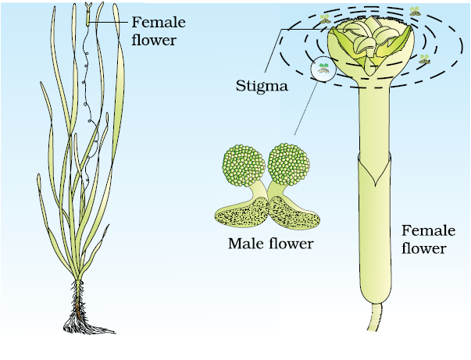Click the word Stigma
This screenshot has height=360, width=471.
click(262, 87)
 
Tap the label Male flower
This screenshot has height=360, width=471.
click(270, 244)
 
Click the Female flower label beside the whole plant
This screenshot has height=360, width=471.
click(159, 31)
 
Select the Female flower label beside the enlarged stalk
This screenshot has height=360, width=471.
click(428, 240)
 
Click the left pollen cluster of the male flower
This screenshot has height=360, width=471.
click(244, 166)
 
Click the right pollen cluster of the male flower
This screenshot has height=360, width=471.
click(288, 164)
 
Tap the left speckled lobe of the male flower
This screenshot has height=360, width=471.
click(242, 212)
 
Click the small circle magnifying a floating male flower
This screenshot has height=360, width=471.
click(323, 69)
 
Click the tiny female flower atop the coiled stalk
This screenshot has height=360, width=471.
click(87, 14)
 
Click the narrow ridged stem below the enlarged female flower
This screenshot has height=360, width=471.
click(375, 317)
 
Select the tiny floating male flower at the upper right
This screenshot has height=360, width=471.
click(415, 12)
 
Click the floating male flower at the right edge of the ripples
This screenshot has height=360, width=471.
click(424, 59)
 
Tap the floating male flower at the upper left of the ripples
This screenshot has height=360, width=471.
click(325, 19)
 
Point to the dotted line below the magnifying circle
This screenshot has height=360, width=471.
click(305, 108)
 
